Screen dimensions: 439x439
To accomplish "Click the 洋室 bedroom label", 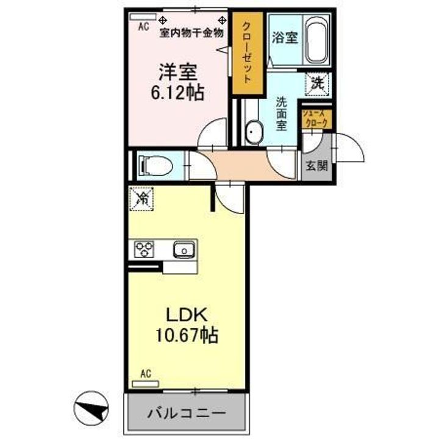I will click(x=178, y=73).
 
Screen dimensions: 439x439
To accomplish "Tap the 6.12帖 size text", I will click(x=178, y=93).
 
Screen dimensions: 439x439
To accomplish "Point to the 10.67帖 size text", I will click(x=188, y=335).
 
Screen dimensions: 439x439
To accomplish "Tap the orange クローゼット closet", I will click(x=248, y=54).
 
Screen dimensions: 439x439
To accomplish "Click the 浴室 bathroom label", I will click(x=285, y=37).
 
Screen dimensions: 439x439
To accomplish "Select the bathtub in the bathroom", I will click(x=316, y=38).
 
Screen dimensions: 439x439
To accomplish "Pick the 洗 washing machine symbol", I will click(x=318, y=83).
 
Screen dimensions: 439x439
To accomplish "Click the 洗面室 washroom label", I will click(x=282, y=113).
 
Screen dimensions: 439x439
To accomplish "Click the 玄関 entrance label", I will click(x=316, y=165).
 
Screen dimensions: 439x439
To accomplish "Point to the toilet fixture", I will click(x=151, y=164).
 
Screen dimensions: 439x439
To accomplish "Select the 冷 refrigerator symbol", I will click(x=141, y=198).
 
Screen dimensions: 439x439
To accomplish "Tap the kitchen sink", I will click(x=182, y=249).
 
